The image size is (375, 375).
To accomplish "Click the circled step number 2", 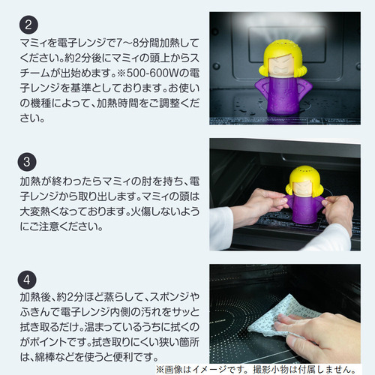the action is pyautogui.click(x=28, y=25).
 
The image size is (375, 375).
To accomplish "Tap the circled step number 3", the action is pyautogui.click(x=27, y=162).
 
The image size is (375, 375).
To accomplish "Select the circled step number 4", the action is pyautogui.click(x=27, y=280).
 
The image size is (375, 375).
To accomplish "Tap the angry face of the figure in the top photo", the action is pyautogui.click(x=283, y=66).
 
